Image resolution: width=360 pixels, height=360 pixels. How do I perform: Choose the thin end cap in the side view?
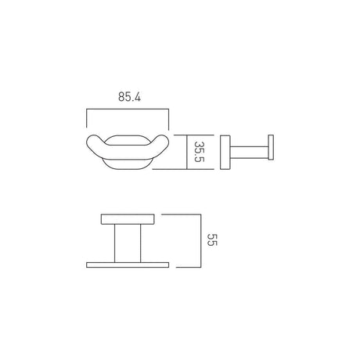point(272,152)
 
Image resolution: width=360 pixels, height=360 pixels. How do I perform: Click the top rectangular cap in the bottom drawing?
point(128,217)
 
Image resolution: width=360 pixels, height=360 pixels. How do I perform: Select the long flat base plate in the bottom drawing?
point(128,263)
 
